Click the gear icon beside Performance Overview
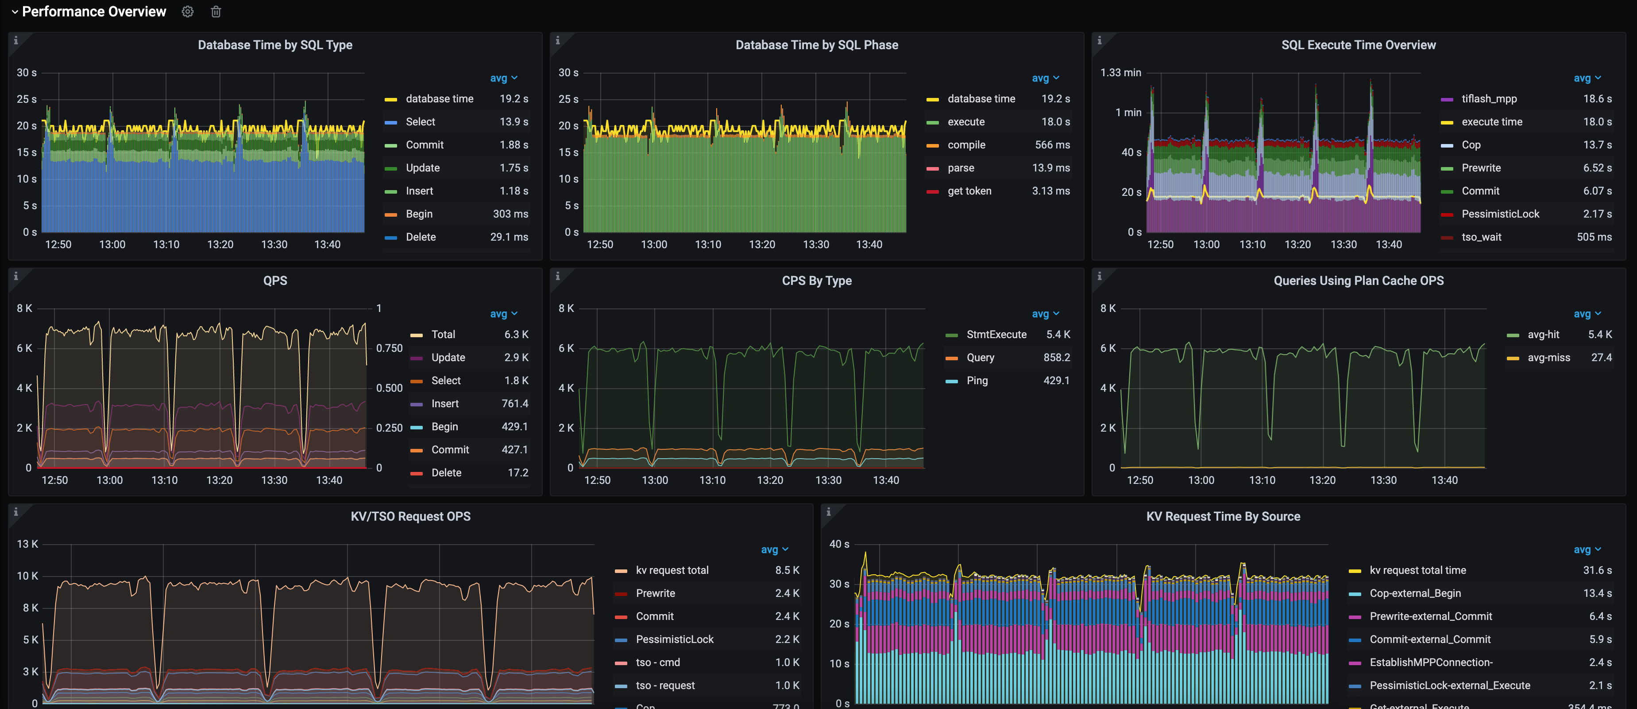187,12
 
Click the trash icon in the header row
216,12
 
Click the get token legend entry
969,191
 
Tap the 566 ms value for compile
1052,145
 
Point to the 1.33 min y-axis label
1120,73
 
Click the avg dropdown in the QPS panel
503,313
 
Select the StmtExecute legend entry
996,335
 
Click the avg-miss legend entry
1548,357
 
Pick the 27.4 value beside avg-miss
1601,357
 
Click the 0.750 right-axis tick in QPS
389,348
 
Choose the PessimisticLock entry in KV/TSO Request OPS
674,639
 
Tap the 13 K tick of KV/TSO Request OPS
27,544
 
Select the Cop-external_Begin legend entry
1415,593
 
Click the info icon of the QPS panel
16,276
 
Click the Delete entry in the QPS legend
446,472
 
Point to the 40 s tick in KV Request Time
839,544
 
